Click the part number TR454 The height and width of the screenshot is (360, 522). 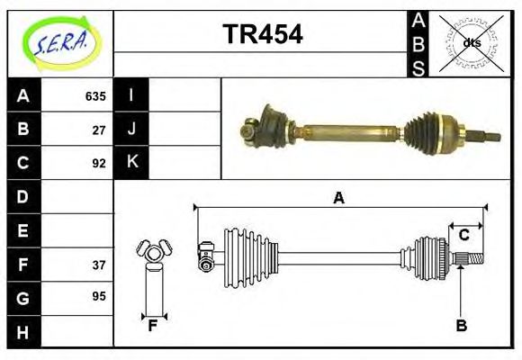click(262, 34)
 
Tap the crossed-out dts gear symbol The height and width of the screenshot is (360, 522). click(472, 42)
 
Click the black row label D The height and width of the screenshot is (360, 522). click(22, 196)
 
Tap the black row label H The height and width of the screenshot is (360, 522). click(22, 332)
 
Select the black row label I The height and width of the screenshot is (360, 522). click(131, 95)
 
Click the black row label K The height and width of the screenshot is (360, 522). click(131, 163)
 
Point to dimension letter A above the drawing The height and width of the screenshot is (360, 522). click(338, 198)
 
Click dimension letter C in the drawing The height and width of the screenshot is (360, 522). click(464, 235)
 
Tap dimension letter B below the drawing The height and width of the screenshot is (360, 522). click(461, 326)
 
